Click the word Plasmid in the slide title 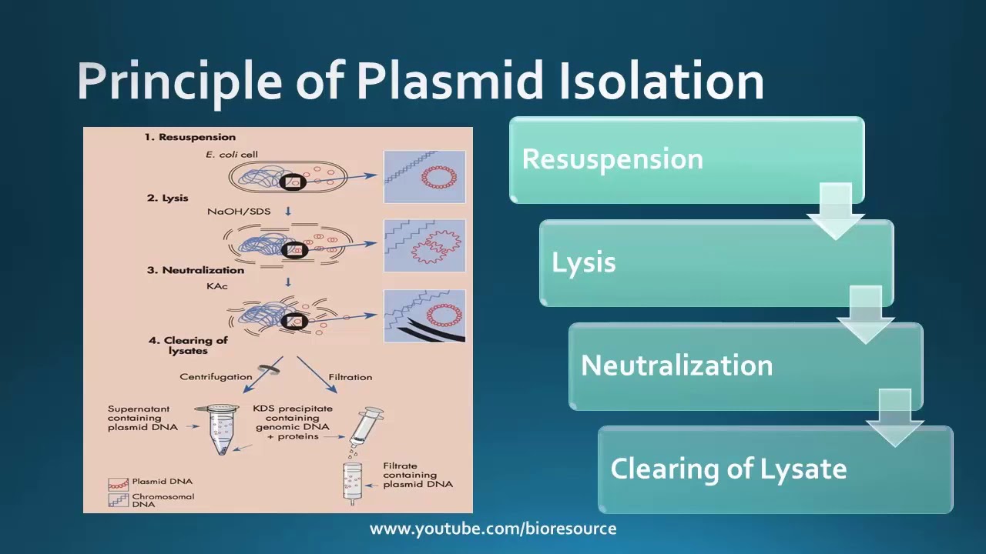[449, 82]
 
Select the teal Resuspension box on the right [686, 160]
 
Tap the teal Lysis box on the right [716, 263]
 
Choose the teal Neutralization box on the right [746, 366]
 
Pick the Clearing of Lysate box [776, 469]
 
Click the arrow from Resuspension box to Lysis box [836, 211]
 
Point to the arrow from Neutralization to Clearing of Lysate [895, 418]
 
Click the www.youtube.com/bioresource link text [493, 529]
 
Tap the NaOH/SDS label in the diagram [239, 212]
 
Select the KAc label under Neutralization [217, 286]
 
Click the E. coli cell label [232, 155]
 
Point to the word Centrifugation [216, 377]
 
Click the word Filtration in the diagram [350, 377]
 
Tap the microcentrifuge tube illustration [218, 429]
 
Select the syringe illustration [366, 427]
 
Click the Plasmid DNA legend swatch [119, 485]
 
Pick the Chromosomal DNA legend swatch [119, 500]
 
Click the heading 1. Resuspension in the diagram [190, 137]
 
